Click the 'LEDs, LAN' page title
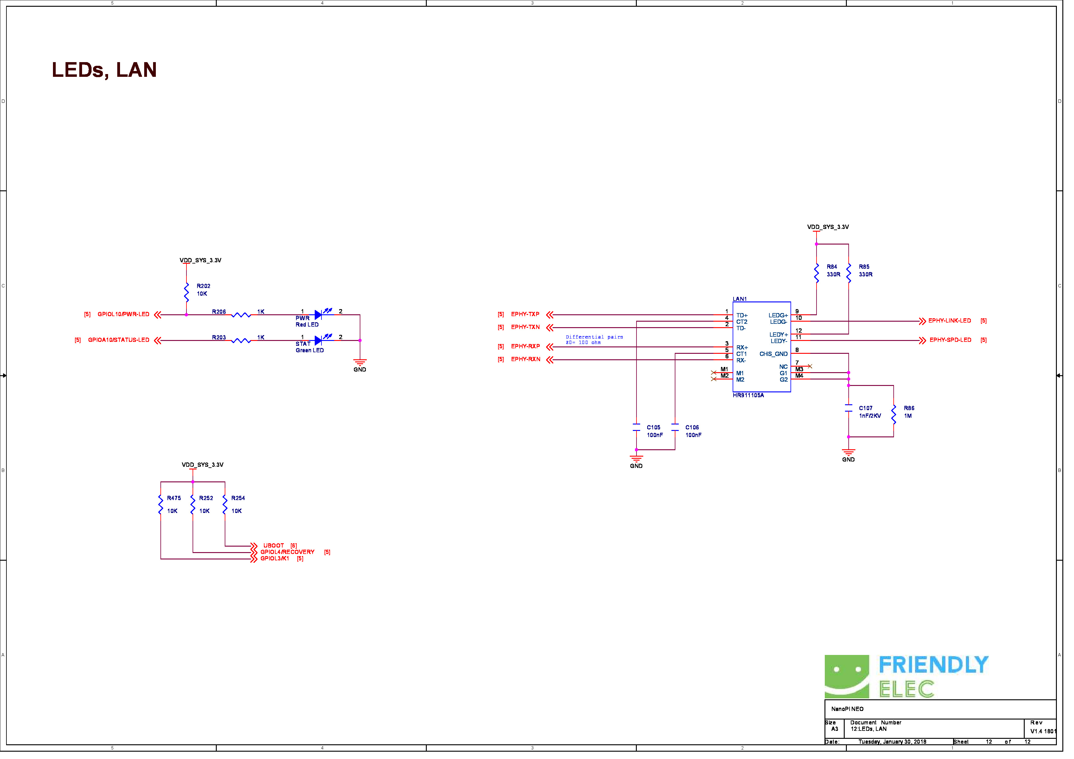[x=105, y=70]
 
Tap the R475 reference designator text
[x=175, y=503]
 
